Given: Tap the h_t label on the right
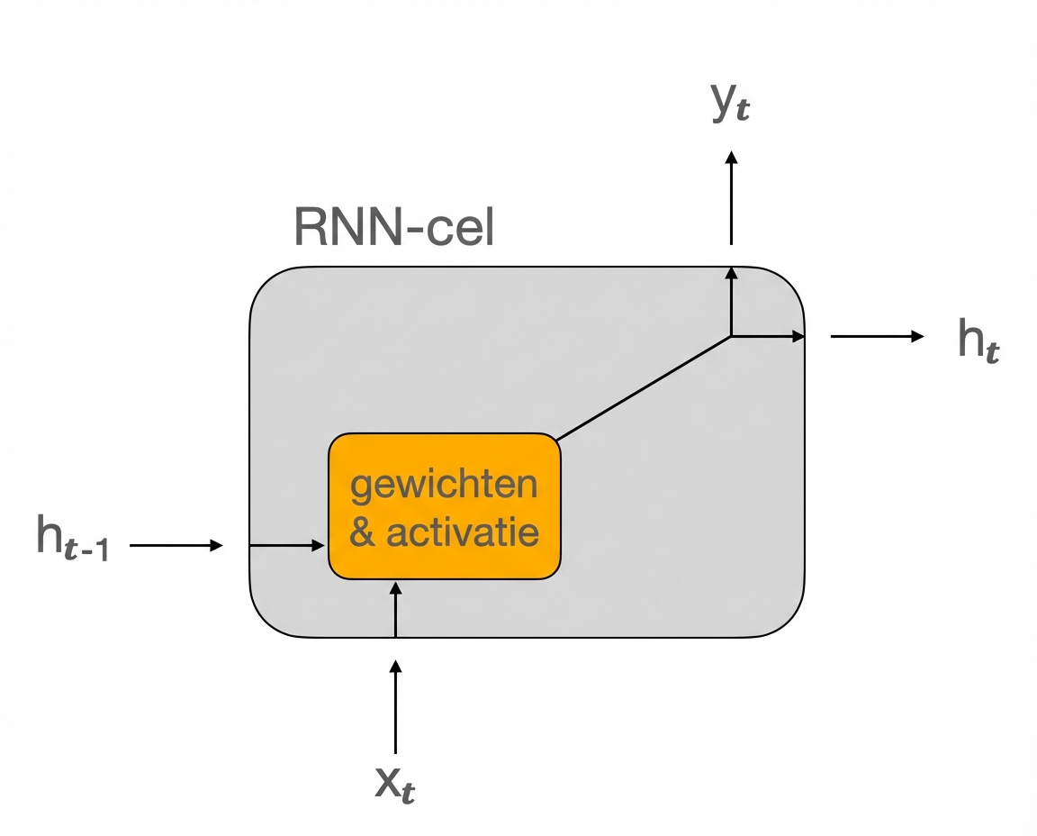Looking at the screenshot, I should click(978, 341).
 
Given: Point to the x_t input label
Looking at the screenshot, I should click(395, 786).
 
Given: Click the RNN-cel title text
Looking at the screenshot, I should click(393, 230).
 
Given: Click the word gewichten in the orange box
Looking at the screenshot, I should click(444, 486).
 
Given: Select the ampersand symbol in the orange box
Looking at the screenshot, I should click(362, 532).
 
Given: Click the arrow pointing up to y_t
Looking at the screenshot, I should click(731, 198).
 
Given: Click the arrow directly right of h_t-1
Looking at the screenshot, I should click(176, 545).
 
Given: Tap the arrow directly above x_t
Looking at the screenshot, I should click(395, 707).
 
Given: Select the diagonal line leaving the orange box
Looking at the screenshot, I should click(644, 388).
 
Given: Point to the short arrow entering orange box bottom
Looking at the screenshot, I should click(395, 609).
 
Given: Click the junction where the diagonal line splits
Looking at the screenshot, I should click(731, 336).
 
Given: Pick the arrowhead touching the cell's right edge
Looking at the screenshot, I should click(798, 336).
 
